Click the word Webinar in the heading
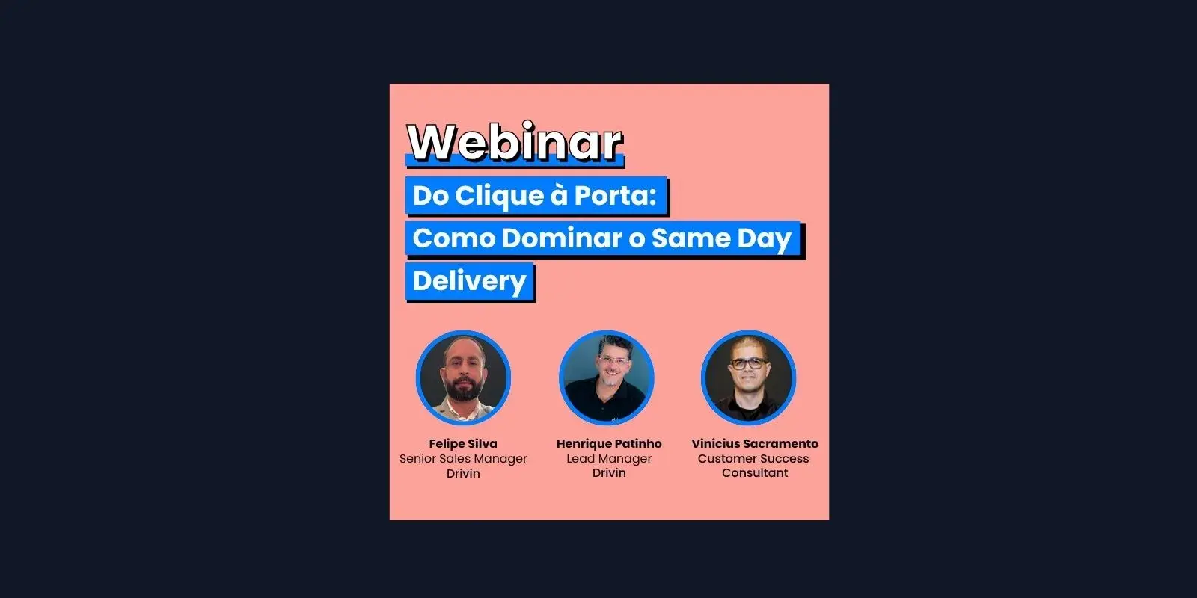[x=515, y=142]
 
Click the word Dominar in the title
[x=562, y=238]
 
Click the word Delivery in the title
[x=470, y=281]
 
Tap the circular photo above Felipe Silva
[x=463, y=377]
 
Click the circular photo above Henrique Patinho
[x=607, y=377]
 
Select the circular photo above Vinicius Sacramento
[x=749, y=377]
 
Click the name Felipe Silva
[x=463, y=444]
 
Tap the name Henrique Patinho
[x=609, y=444]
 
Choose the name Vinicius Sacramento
[x=755, y=444]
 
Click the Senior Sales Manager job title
[x=463, y=459]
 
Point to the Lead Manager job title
[x=609, y=459]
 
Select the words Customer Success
[x=753, y=459]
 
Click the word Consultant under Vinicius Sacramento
[x=755, y=473]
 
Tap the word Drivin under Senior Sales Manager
[x=463, y=474]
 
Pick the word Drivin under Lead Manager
[x=609, y=473]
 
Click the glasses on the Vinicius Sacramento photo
[x=748, y=363]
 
